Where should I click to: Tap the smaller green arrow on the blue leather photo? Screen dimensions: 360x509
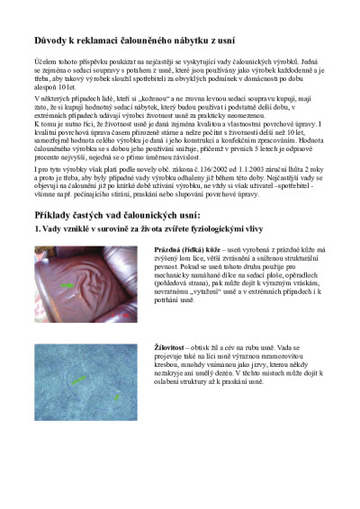117,396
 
